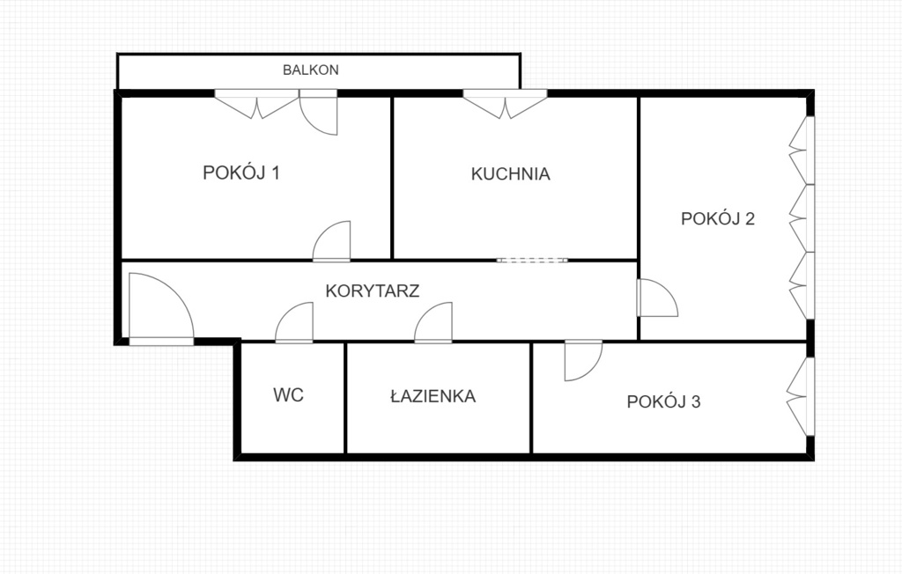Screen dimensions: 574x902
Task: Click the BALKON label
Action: point(311,70)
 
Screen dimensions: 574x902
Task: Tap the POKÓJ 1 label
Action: point(241,173)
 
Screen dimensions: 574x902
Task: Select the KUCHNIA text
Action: point(511,174)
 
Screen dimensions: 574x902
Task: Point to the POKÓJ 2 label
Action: point(718,219)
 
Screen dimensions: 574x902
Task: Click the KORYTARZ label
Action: point(372,291)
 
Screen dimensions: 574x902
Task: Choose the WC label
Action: point(288,395)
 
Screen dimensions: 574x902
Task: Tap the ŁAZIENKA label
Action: point(433,396)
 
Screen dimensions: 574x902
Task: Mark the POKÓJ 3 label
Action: point(664,402)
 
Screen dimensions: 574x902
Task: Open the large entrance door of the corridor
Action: point(159,308)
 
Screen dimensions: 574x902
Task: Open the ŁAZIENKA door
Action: point(435,323)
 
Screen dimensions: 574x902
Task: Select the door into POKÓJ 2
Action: point(656,298)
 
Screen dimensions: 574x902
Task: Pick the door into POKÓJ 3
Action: point(581,361)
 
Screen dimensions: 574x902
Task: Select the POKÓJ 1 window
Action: point(256,105)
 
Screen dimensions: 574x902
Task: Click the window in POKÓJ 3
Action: point(799,395)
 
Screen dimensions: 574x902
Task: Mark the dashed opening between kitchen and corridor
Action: point(532,260)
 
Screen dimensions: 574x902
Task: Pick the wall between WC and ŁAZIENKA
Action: point(345,397)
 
